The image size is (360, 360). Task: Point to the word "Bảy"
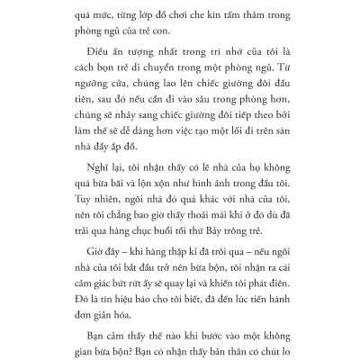pyautogui.click(x=236, y=288)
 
